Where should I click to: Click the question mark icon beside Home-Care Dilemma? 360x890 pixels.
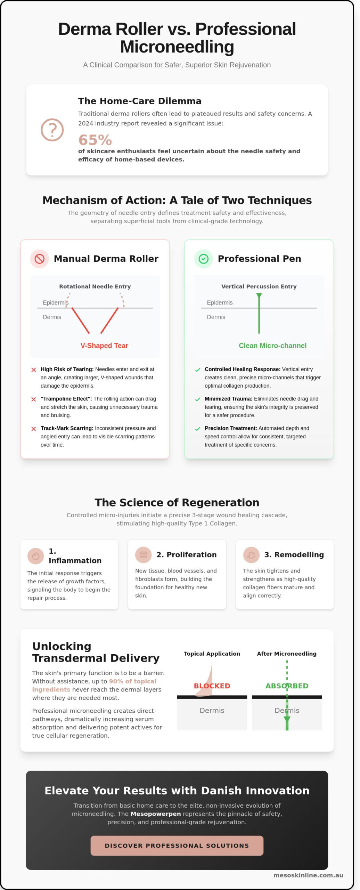pyautogui.click(x=52, y=130)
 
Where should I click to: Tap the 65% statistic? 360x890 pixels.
pyautogui.click(x=95, y=140)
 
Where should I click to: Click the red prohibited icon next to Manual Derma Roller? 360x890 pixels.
pyautogui.click(x=40, y=259)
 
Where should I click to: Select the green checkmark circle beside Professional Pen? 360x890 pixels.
pyautogui.click(x=203, y=259)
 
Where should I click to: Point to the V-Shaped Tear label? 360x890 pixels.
pyautogui.click(x=104, y=346)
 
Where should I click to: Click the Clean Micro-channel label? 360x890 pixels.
pyautogui.click(x=272, y=346)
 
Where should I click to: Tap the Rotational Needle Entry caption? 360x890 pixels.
pyautogui.click(x=95, y=286)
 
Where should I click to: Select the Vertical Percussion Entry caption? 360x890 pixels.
pyautogui.click(x=259, y=286)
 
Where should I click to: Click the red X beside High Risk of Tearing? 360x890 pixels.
pyautogui.click(x=34, y=370)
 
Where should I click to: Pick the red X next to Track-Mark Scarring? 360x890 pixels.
pyautogui.click(x=34, y=429)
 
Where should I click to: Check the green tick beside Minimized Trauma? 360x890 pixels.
pyautogui.click(x=198, y=399)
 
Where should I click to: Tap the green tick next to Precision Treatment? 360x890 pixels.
pyautogui.click(x=198, y=429)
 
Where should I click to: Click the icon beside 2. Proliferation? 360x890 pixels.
pyautogui.click(x=143, y=555)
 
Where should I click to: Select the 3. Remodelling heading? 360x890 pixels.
pyautogui.click(x=294, y=555)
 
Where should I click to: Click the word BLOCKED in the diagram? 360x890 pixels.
pyautogui.click(x=212, y=686)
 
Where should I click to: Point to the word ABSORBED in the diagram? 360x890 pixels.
pyautogui.click(x=287, y=686)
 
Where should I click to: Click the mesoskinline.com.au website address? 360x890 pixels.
pyautogui.click(x=308, y=875)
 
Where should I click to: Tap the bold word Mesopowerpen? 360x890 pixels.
pyautogui.click(x=156, y=814)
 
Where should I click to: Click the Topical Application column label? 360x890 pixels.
pyautogui.click(x=212, y=654)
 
